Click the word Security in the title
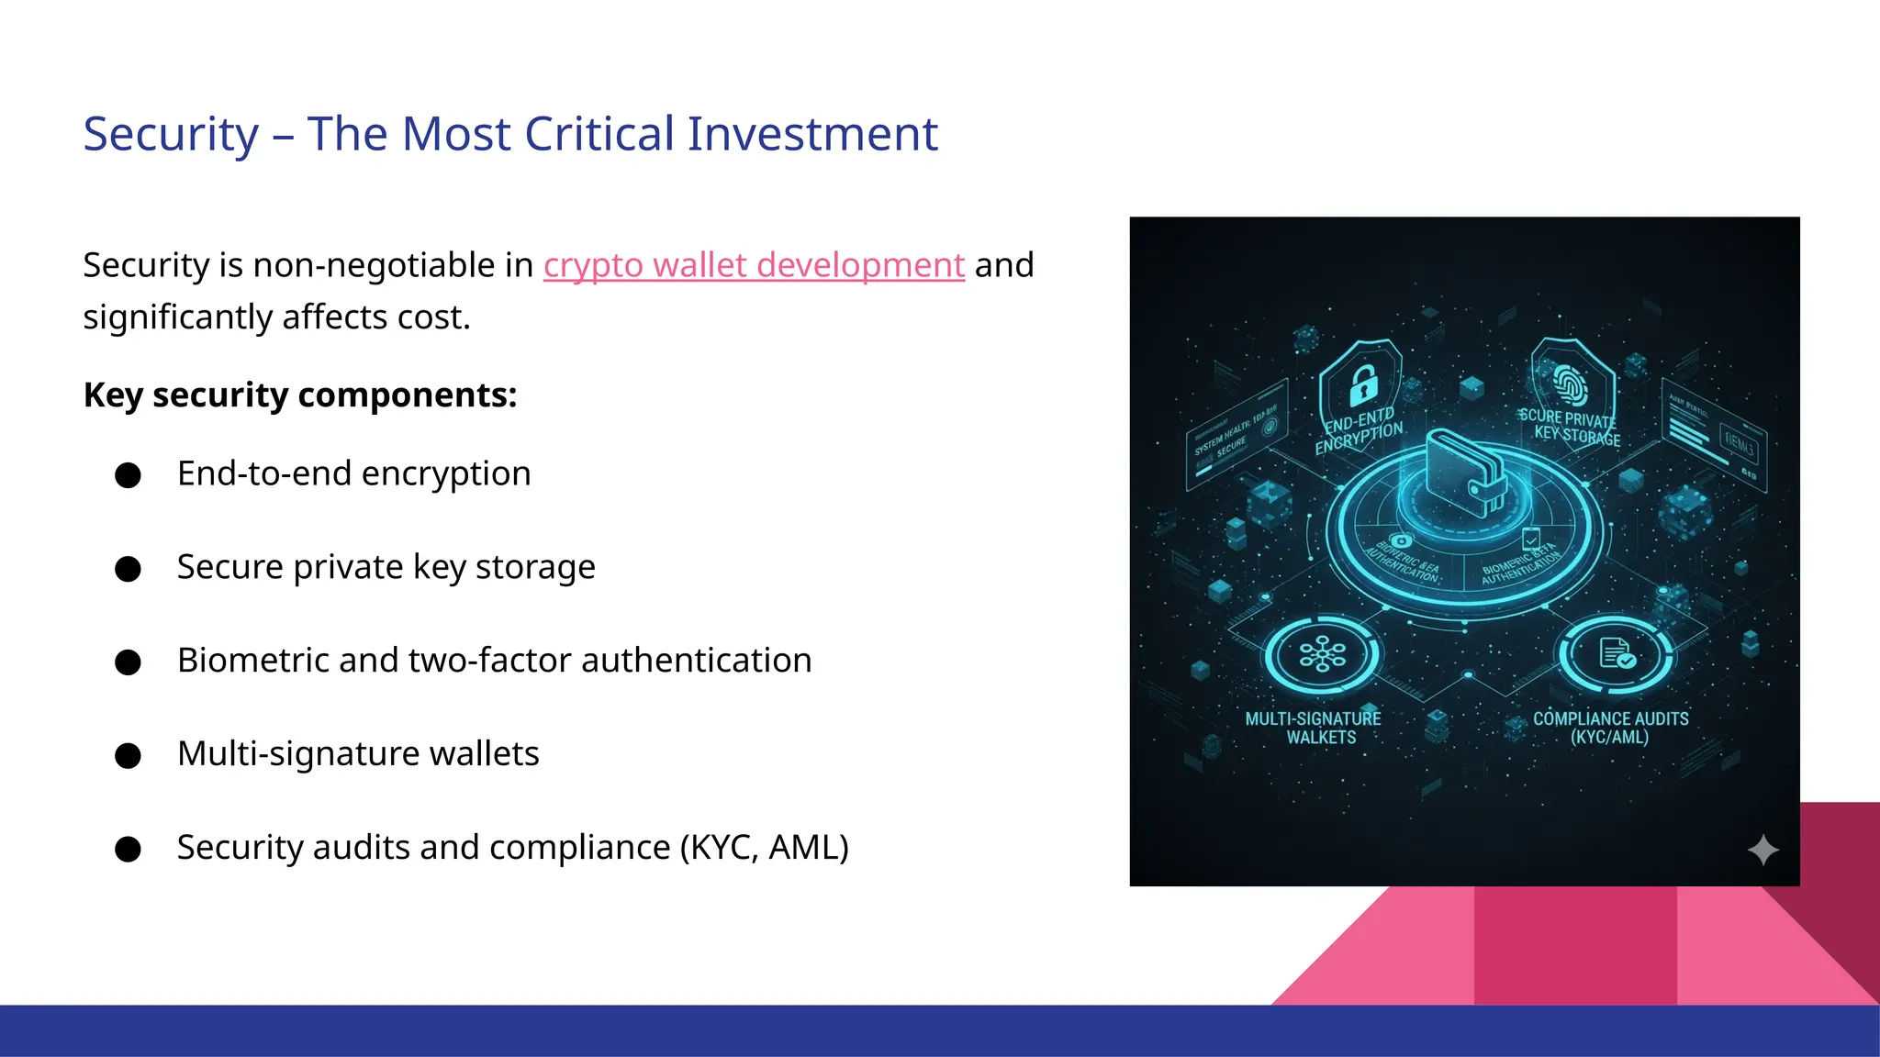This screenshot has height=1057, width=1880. (172, 135)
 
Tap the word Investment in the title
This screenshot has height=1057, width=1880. (812, 135)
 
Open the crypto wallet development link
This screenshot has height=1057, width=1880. (754, 265)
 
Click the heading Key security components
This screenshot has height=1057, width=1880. (300, 395)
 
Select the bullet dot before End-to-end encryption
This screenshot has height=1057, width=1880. (129, 475)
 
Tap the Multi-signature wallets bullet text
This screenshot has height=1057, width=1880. (358, 754)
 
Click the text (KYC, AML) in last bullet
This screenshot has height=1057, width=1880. (764, 848)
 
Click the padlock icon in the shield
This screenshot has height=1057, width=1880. (1363, 385)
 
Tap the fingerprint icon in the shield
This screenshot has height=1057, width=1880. (1571, 384)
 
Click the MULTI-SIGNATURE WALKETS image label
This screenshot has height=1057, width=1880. (1314, 728)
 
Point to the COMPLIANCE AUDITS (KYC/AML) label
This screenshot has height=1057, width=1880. (1610, 728)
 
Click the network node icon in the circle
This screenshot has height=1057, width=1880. (1322, 655)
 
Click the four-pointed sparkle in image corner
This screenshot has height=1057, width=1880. (1762, 851)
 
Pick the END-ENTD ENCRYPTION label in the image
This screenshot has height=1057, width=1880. (1360, 432)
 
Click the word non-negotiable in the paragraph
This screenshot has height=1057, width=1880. (374, 265)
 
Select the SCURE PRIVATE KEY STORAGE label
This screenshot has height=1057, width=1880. (1570, 428)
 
